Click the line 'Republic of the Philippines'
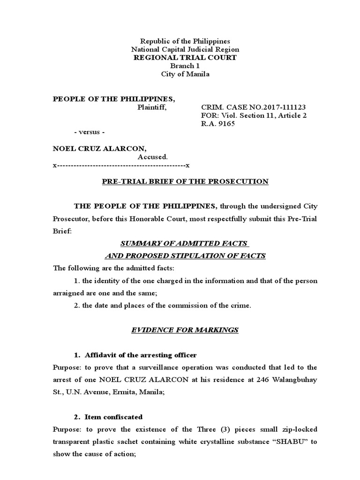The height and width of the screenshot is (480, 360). [x=185, y=41]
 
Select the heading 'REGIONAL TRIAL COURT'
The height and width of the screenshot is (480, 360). [x=185, y=58]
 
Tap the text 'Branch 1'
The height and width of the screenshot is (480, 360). [x=185, y=66]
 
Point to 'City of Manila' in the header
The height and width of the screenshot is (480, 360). [x=185, y=74]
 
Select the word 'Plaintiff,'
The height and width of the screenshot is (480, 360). [x=151, y=107]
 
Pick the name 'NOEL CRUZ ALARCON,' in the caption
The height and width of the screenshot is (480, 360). [x=96, y=149]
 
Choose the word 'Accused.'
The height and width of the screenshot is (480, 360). [x=152, y=157]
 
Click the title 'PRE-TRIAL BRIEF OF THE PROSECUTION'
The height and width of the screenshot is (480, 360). [x=186, y=181]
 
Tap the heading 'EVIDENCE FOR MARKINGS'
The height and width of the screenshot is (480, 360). [x=185, y=330]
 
